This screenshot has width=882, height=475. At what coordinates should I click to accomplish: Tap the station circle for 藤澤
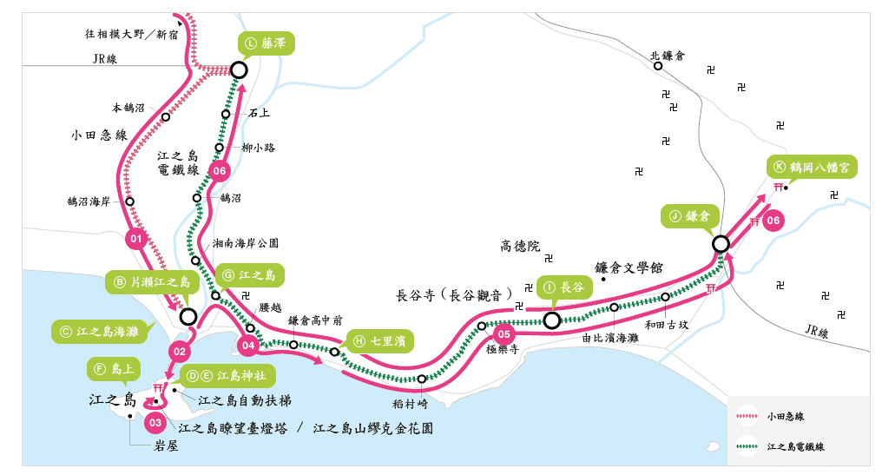coord(239,69)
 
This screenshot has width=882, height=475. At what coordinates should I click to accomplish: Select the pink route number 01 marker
coord(135,238)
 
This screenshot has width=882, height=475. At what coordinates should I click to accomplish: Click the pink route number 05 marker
coord(503,333)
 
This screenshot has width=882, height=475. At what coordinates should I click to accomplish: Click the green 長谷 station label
coord(564,286)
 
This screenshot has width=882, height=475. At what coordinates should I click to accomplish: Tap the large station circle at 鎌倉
coord(721,244)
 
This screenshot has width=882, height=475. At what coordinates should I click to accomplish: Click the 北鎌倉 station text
coord(668,55)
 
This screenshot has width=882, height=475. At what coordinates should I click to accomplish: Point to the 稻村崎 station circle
coord(422,379)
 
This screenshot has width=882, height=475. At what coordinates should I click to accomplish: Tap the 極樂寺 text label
coord(502,349)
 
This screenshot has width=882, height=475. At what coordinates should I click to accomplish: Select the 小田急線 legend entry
coord(776,416)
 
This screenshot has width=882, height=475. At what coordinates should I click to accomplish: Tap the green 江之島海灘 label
coord(100,331)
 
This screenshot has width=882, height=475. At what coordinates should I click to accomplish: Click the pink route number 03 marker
coord(155,423)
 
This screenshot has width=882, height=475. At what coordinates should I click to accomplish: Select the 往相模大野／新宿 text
coord(130,35)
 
